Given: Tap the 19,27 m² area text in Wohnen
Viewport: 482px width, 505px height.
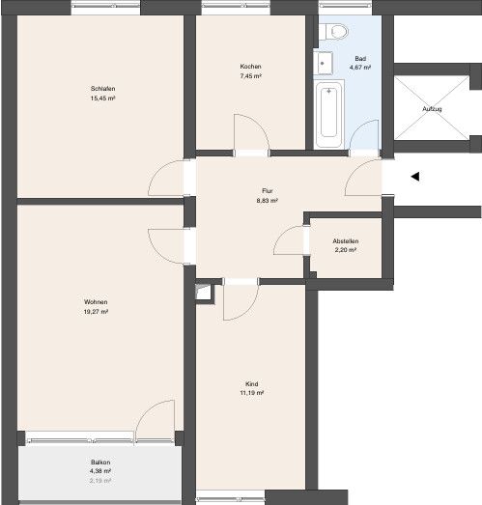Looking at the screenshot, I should [x=96, y=313].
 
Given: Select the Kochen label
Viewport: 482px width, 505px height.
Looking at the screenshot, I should [x=250, y=67].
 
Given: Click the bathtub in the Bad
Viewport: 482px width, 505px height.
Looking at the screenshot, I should [x=328, y=114].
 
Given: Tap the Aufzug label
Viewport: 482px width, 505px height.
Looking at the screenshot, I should [x=434, y=108].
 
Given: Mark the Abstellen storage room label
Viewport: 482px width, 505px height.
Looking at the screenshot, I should [x=345, y=240].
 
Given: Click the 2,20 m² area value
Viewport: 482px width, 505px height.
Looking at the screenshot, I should [x=345, y=250].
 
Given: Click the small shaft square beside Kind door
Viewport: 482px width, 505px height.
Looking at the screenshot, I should [x=202, y=291].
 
